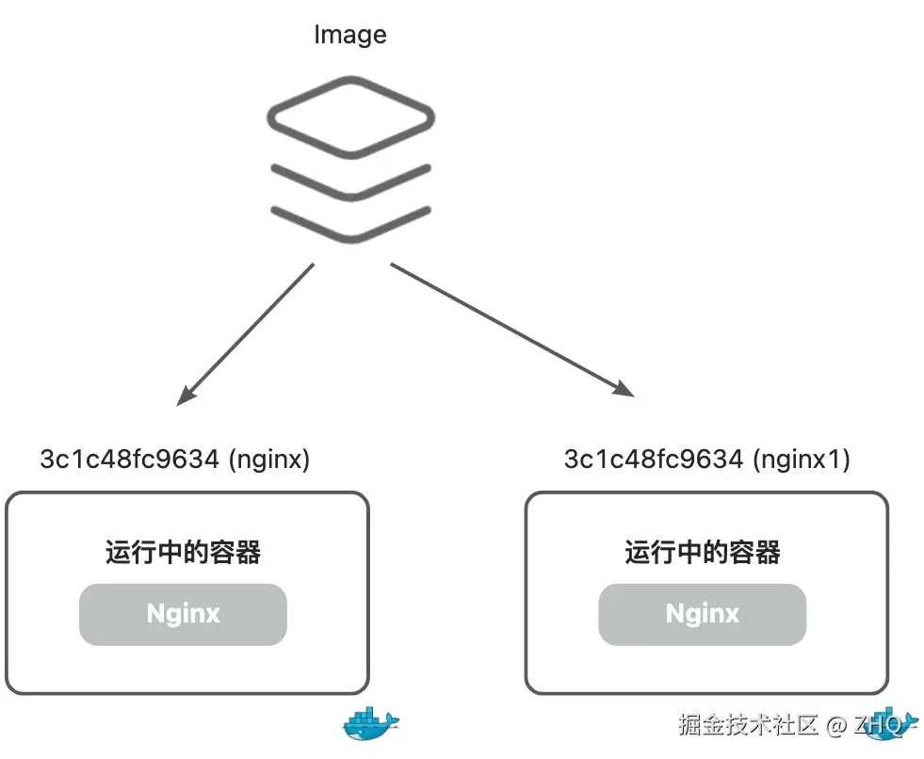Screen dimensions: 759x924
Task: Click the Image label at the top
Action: coord(349,36)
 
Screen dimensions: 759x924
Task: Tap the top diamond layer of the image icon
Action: coord(350,118)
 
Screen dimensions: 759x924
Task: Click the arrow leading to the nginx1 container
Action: coord(509,329)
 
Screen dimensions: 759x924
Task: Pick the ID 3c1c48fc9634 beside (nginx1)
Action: coord(653,460)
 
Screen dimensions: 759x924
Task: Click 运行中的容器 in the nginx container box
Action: coord(183,552)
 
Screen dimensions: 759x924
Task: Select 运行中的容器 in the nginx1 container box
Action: coord(703,552)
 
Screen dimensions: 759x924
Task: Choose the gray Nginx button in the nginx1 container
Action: coord(703,614)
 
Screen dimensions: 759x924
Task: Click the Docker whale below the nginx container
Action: coord(371,723)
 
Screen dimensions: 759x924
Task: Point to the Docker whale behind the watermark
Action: coord(890,723)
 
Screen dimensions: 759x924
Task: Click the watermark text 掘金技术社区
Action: coord(749,724)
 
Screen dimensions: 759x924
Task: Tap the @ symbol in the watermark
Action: coord(835,725)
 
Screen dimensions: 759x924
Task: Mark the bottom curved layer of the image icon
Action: coord(350,223)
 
